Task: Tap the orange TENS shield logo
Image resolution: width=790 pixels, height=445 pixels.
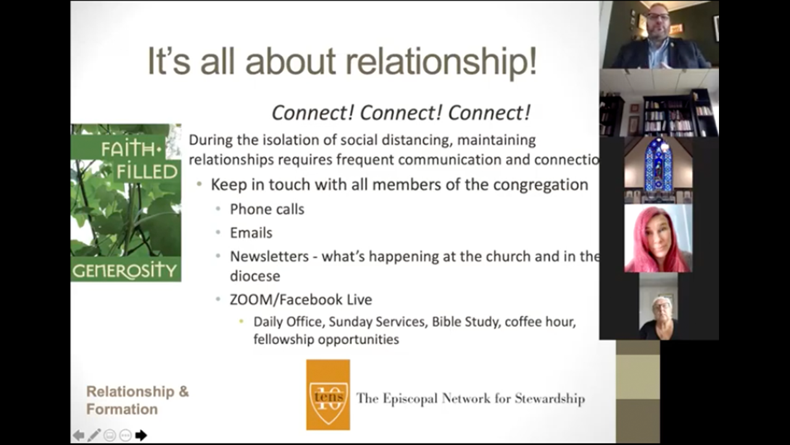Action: pos(328,395)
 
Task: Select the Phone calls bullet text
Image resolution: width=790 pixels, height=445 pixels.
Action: pos(267,209)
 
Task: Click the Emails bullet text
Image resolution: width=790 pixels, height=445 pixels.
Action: pos(251,233)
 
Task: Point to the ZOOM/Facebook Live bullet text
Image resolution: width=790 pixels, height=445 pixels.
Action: pos(301,300)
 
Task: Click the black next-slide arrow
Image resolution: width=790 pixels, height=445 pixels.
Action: pos(141,435)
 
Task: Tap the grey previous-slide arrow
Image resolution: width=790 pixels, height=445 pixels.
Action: pos(78,435)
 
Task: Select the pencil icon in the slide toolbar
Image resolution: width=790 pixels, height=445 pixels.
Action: pos(94,435)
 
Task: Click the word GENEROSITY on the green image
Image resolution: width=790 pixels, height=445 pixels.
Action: pos(125,271)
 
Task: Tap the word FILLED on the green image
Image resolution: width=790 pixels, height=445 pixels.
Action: pos(147,172)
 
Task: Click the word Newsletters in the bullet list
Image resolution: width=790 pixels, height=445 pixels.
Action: pos(270,256)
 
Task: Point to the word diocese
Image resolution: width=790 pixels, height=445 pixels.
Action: pos(255,276)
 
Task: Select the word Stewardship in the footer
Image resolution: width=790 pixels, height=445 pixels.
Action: pos(549,399)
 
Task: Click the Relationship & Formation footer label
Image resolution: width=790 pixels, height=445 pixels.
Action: pos(138,400)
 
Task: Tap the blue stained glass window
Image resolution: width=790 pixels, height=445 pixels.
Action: pos(658,165)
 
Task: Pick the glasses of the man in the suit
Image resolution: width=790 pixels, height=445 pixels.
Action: pos(658,16)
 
